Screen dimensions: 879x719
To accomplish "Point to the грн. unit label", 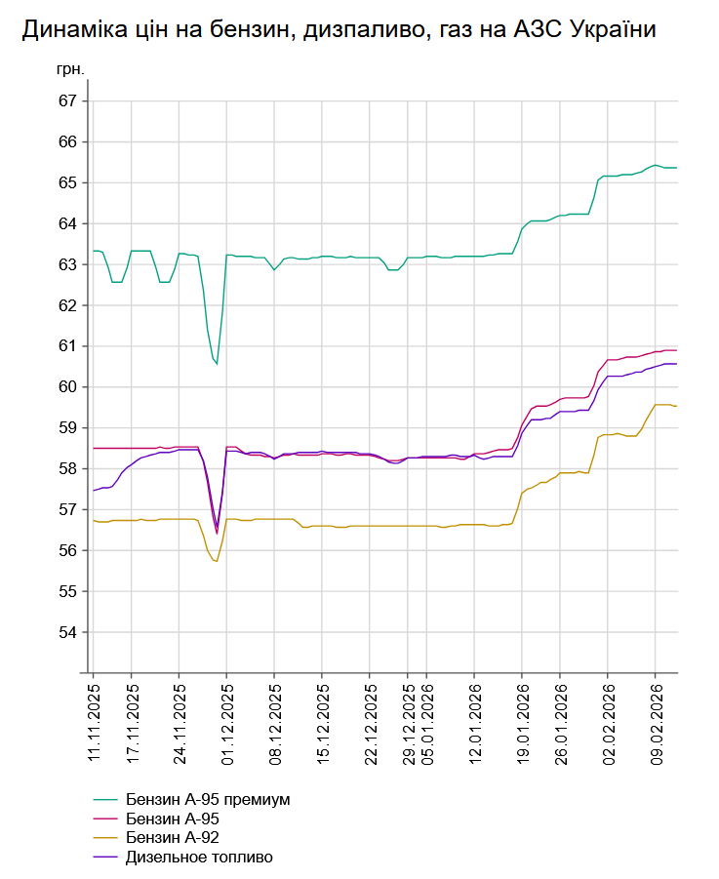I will coord(72,70).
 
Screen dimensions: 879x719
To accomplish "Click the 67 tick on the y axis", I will coord(68,101).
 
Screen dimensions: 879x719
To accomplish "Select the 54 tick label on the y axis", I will coord(68,632).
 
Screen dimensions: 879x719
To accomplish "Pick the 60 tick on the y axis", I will coord(68,387).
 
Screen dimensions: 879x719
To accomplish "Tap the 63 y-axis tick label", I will coord(68,264).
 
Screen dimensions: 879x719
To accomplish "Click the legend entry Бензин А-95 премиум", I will coord(208,799).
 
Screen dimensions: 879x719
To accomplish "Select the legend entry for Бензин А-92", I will coord(179,838).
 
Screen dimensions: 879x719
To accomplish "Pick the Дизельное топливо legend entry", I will coord(199,858).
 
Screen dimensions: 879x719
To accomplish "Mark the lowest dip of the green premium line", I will coord(217,364).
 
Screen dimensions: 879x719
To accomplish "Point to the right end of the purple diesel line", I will coord(676,364).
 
